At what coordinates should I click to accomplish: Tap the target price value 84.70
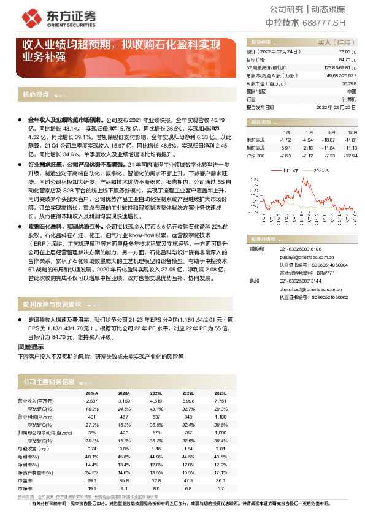point(348,60)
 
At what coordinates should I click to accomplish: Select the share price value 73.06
point(348,53)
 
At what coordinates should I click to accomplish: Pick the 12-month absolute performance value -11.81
point(350,140)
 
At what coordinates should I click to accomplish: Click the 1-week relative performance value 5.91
point(286,148)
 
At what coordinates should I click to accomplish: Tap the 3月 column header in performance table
point(331,132)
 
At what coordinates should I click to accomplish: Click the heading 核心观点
point(36,96)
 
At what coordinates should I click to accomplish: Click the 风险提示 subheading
point(30,347)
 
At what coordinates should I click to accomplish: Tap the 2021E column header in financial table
point(156,393)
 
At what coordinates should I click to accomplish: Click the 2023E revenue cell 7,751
point(220,400)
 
